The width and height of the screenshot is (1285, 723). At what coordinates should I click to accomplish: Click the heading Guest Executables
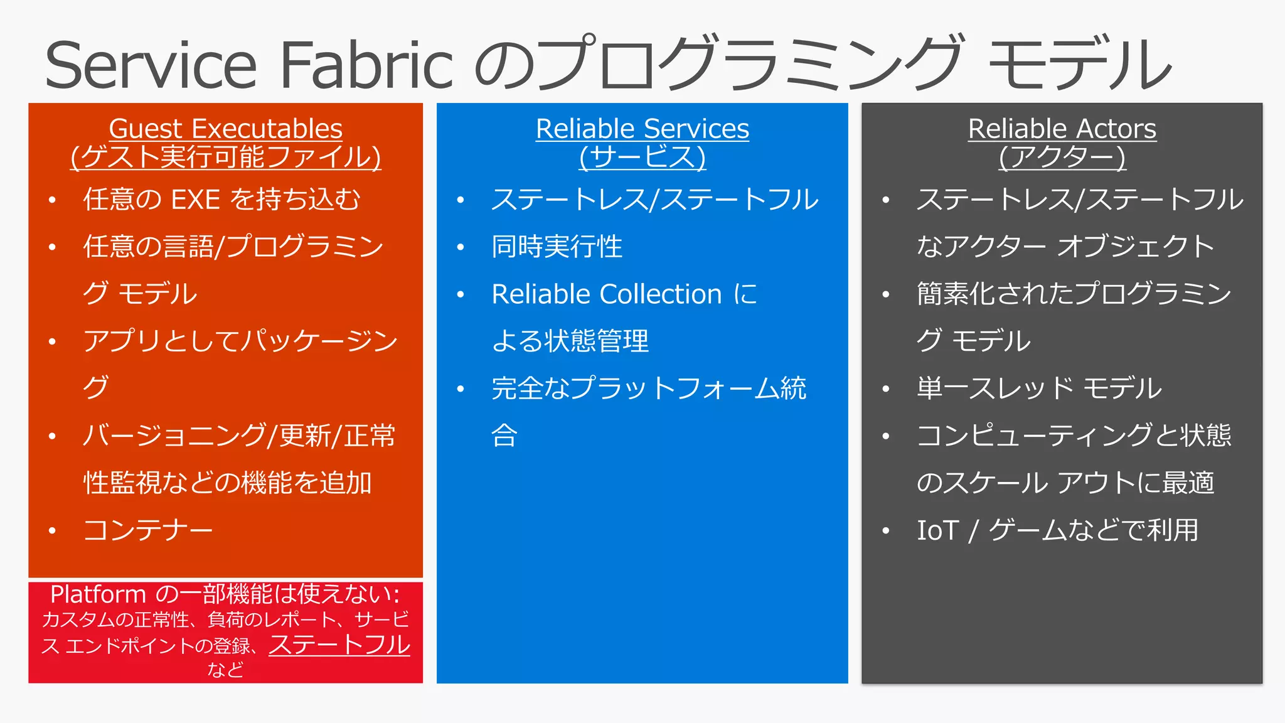(x=226, y=129)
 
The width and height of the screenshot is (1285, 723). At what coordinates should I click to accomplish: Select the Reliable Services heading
(x=642, y=129)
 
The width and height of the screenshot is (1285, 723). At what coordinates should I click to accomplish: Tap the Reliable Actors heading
(x=1062, y=129)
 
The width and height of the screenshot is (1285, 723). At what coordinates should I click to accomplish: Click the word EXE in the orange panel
(x=195, y=200)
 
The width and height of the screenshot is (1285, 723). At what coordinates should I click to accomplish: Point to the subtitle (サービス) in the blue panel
(x=642, y=157)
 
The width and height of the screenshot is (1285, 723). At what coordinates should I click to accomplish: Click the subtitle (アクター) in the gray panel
(x=1062, y=157)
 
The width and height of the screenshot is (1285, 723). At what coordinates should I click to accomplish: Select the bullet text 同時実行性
(x=557, y=247)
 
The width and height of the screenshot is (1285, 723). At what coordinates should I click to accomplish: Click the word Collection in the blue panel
(x=660, y=294)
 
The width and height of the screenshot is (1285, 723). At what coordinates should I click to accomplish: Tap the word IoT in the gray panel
(x=938, y=530)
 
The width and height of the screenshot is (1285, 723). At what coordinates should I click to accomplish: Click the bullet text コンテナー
(x=148, y=530)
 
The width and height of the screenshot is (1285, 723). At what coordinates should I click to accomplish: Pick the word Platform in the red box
(x=98, y=594)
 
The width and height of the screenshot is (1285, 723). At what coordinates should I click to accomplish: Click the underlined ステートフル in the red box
(x=339, y=645)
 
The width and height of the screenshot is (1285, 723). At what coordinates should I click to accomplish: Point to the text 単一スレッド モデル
(x=1039, y=388)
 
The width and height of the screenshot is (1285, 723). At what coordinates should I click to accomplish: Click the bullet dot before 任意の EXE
(x=53, y=201)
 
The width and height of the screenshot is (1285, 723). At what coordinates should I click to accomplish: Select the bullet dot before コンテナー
(x=53, y=532)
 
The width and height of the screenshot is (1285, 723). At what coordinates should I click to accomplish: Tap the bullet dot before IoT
(x=885, y=532)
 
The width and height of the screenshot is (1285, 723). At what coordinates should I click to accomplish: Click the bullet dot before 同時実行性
(x=461, y=248)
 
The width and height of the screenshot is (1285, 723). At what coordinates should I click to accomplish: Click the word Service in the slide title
(x=151, y=65)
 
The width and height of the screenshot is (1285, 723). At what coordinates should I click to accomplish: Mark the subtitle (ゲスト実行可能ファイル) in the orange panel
(x=226, y=157)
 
